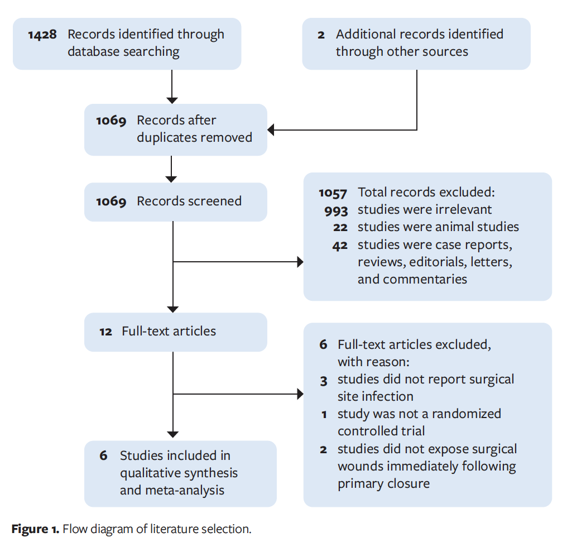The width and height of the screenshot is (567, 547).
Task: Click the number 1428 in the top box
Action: point(43,35)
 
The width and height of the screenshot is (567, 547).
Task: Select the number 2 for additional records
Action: point(321,35)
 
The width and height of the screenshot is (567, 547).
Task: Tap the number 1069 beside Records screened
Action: point(111,201)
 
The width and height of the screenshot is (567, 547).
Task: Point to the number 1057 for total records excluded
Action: point(333,193)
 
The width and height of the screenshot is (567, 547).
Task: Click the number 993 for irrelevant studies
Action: point(337,210)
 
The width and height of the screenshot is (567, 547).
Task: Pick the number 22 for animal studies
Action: point(340,228)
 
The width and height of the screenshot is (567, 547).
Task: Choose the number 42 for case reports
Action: point(340,246)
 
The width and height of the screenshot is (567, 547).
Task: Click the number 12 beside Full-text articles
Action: point(106,332)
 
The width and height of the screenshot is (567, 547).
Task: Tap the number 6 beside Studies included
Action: point(103,456)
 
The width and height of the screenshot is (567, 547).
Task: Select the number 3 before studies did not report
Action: point(324,380)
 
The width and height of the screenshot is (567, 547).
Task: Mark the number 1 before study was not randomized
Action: point(324,415)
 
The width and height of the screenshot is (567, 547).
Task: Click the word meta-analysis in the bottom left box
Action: point(172,491)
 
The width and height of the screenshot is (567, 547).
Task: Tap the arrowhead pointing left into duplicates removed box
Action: point(271,130)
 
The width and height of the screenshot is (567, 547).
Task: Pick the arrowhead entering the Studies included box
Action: point(173,434)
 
